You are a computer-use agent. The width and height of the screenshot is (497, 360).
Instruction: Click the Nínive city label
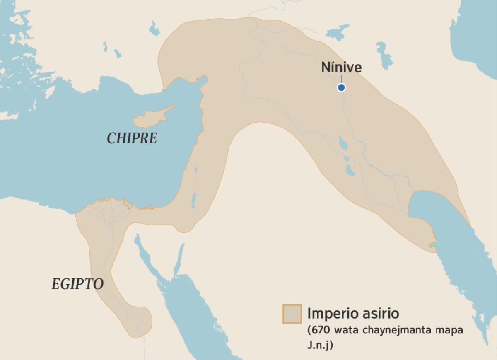coord(341,68)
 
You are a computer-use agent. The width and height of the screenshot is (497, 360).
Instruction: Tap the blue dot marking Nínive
coord(341,87)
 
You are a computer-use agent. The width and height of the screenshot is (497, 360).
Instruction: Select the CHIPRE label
coord(132,138)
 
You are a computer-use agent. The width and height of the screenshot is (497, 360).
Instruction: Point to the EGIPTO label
coord(77,284)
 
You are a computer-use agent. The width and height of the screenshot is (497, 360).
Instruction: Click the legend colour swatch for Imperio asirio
coord(292,314)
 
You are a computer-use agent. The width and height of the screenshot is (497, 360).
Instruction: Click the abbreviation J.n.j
coord(320,345)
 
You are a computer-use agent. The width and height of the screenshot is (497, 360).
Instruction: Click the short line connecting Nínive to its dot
coord(341,79)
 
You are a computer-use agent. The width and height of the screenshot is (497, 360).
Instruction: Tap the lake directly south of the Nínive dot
coord(343,143)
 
